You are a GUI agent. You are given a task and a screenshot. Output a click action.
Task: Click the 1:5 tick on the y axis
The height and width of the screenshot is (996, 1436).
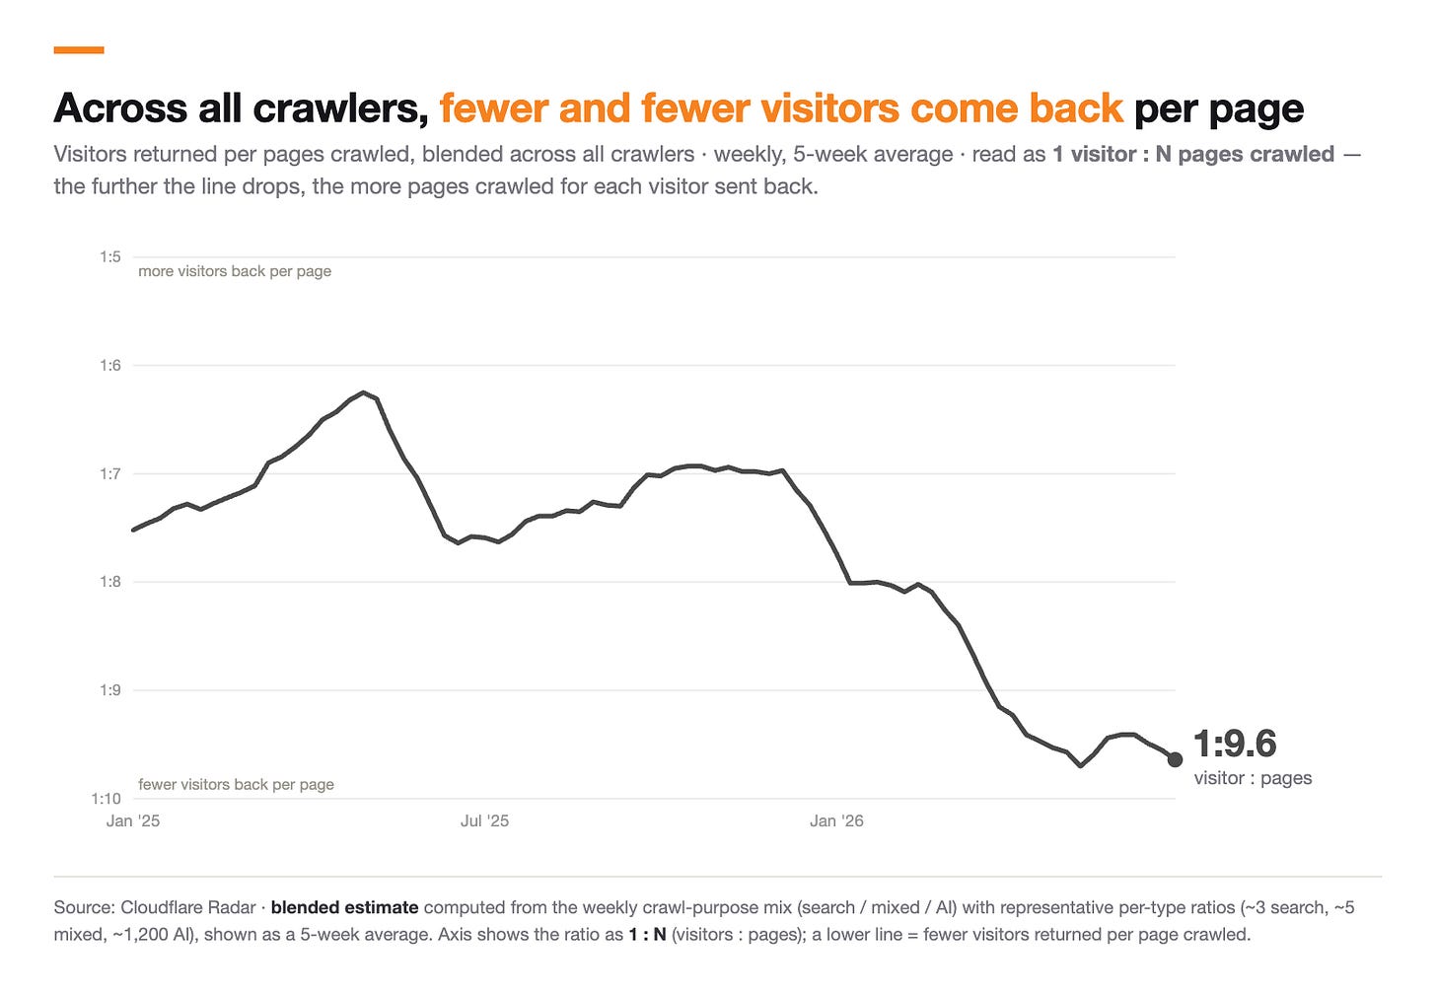(110, 257)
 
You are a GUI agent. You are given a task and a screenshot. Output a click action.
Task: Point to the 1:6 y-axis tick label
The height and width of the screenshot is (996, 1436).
(110, 365)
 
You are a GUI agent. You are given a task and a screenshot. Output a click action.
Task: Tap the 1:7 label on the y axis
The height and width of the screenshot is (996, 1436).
(110, 473)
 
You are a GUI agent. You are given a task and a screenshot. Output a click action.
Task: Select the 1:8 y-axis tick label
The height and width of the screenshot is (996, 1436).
(110, 581)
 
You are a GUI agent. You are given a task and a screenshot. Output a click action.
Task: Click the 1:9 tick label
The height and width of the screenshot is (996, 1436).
(110, 689)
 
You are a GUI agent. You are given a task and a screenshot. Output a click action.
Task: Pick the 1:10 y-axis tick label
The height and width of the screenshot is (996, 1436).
(106, 799)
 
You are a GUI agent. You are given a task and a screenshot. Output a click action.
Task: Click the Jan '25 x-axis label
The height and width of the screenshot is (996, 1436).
(133, 821)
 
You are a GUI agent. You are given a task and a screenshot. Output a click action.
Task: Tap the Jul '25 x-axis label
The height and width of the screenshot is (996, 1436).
(484, 821)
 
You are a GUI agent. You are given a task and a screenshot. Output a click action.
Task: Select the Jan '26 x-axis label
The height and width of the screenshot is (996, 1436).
(836, 821)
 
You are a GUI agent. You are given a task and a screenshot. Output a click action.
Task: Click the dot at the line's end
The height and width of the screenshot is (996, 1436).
(1175, 759)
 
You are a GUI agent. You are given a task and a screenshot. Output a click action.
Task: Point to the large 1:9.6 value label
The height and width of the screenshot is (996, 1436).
(1235, 744)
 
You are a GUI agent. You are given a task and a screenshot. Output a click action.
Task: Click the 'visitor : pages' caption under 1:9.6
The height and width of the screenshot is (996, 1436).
(1253, 778)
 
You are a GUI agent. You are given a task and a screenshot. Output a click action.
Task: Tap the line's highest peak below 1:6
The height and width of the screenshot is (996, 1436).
(364, 391)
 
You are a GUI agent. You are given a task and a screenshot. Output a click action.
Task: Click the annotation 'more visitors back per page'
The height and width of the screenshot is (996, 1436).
(235, 271)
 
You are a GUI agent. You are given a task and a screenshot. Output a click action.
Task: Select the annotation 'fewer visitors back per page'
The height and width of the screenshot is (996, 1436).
(236, 785)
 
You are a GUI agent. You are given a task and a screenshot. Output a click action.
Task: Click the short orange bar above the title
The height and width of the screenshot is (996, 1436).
(79, 50)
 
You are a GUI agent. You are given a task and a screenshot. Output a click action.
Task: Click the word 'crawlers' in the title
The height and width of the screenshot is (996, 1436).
(341, 107)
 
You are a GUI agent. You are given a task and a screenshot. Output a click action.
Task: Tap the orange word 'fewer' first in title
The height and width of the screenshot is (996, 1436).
(493, 107)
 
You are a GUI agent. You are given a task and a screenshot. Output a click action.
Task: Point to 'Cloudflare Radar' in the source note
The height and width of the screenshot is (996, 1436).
(187, 907)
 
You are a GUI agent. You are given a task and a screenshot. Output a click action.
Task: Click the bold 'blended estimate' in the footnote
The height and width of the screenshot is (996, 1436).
(345, 907)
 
